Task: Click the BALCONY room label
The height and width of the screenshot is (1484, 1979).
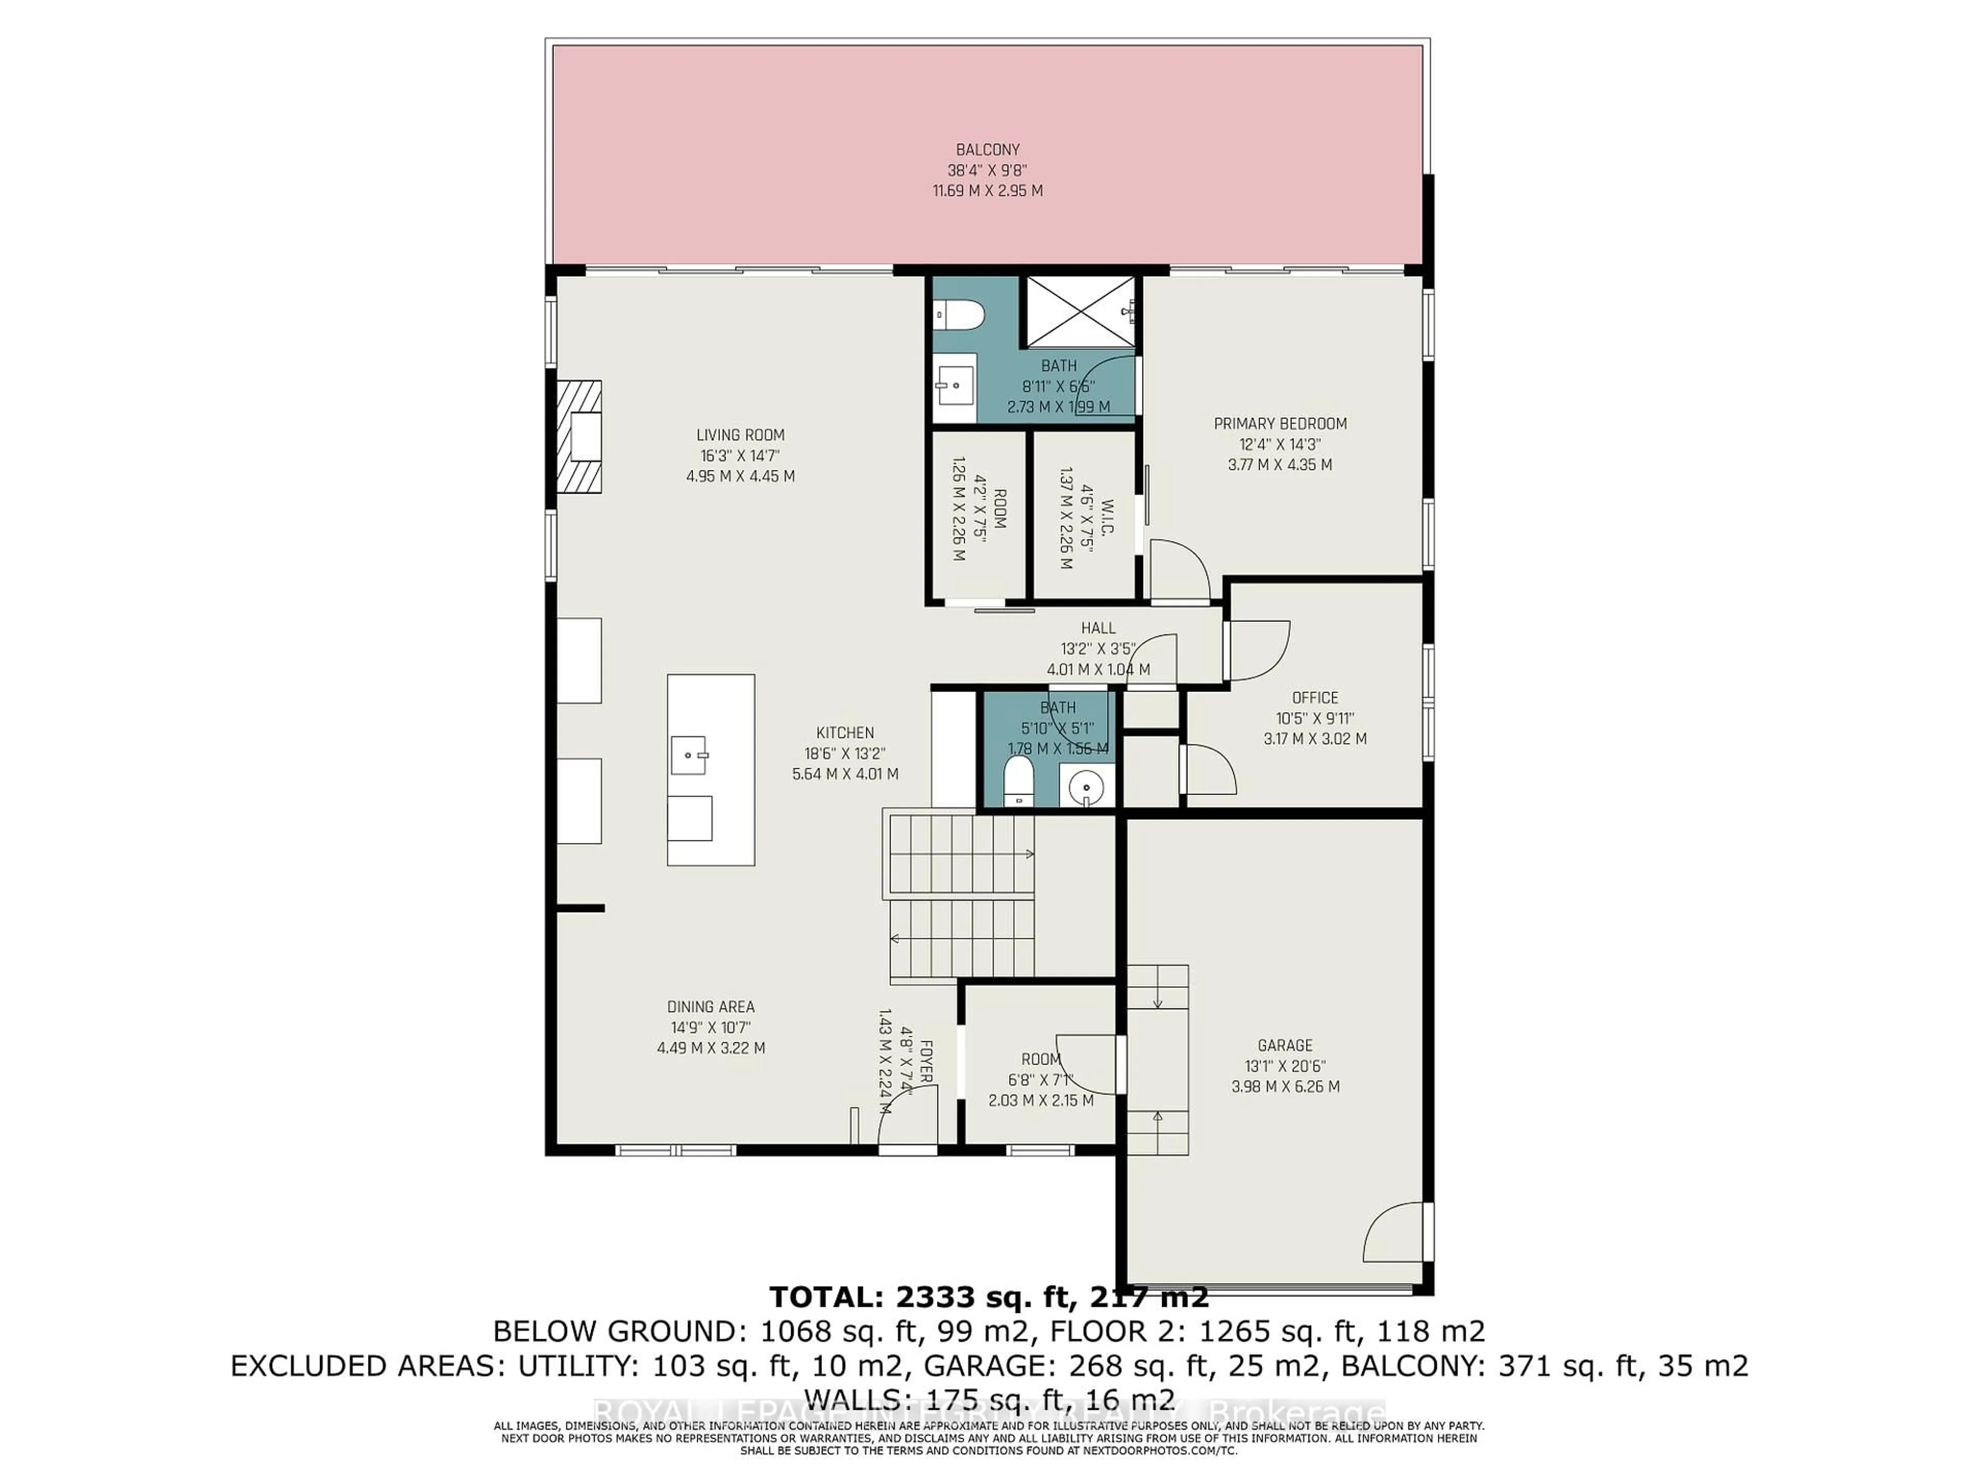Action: point(987,149)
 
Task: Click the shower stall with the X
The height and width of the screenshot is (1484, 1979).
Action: point(1081,311)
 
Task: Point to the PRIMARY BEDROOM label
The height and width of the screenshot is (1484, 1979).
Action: point(1279,423)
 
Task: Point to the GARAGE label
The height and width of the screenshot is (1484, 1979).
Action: point(1285,1045)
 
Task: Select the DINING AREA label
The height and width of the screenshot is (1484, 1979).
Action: point(710,1006)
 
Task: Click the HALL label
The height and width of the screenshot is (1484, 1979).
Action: point(1098,628)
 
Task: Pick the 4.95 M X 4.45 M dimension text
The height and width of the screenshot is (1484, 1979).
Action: point(740,476)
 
